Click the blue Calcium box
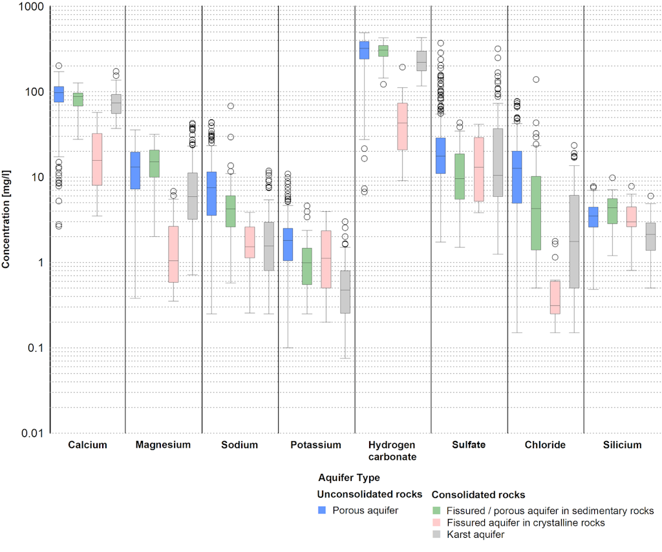[59, 94]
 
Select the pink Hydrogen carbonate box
[402, 127]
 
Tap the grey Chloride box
[574, 241]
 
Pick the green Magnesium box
[155, 163]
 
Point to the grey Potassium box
[345, 292]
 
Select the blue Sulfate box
[440, 156]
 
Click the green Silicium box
[612, 211]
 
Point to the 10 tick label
[36, 178]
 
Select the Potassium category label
[315, 445]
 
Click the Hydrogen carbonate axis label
[392, 451]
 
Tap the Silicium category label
[622, 445]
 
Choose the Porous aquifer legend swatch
[321, 510]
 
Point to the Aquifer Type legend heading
[349, 478]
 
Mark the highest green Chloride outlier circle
[536, 79]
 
